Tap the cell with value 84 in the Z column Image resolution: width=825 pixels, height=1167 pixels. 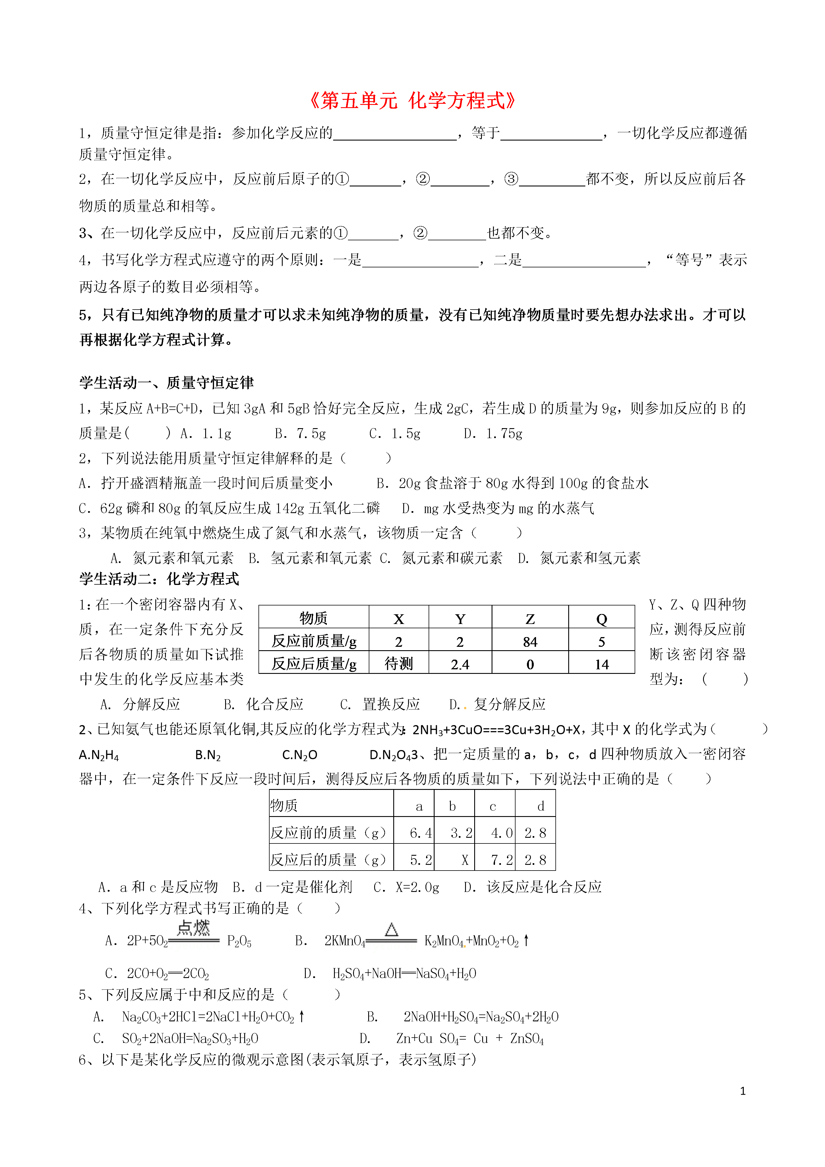click(529, 642)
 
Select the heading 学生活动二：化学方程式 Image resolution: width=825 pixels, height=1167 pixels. click(159, 579)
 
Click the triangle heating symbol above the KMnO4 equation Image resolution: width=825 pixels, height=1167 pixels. click(391, 930)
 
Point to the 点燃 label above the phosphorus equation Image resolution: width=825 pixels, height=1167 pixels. click(193, 928)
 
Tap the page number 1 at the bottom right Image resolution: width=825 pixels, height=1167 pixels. click(743, 1091)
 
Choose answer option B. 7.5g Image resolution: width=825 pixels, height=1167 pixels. click(300, 434)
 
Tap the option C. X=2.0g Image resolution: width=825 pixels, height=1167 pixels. click(406, 887)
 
